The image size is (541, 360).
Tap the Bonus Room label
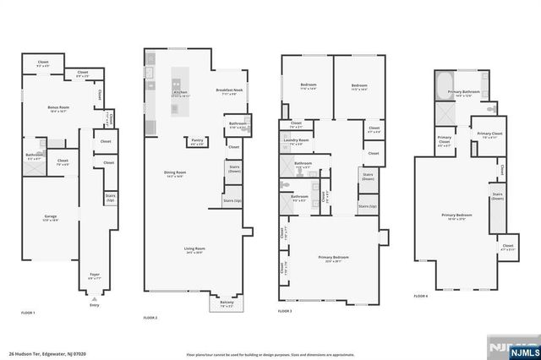57,108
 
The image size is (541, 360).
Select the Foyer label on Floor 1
94,275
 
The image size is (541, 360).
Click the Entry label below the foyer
94,306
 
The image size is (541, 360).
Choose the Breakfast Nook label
230,91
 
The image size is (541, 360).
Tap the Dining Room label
175,173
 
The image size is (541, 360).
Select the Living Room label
194,249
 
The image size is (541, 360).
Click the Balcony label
227,303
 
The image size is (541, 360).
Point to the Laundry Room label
296,141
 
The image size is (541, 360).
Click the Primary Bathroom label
467,95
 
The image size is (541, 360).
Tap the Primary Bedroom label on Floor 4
456,215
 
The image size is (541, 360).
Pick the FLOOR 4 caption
421,297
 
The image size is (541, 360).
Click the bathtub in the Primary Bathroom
444,85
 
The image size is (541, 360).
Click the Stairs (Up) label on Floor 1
110,199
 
